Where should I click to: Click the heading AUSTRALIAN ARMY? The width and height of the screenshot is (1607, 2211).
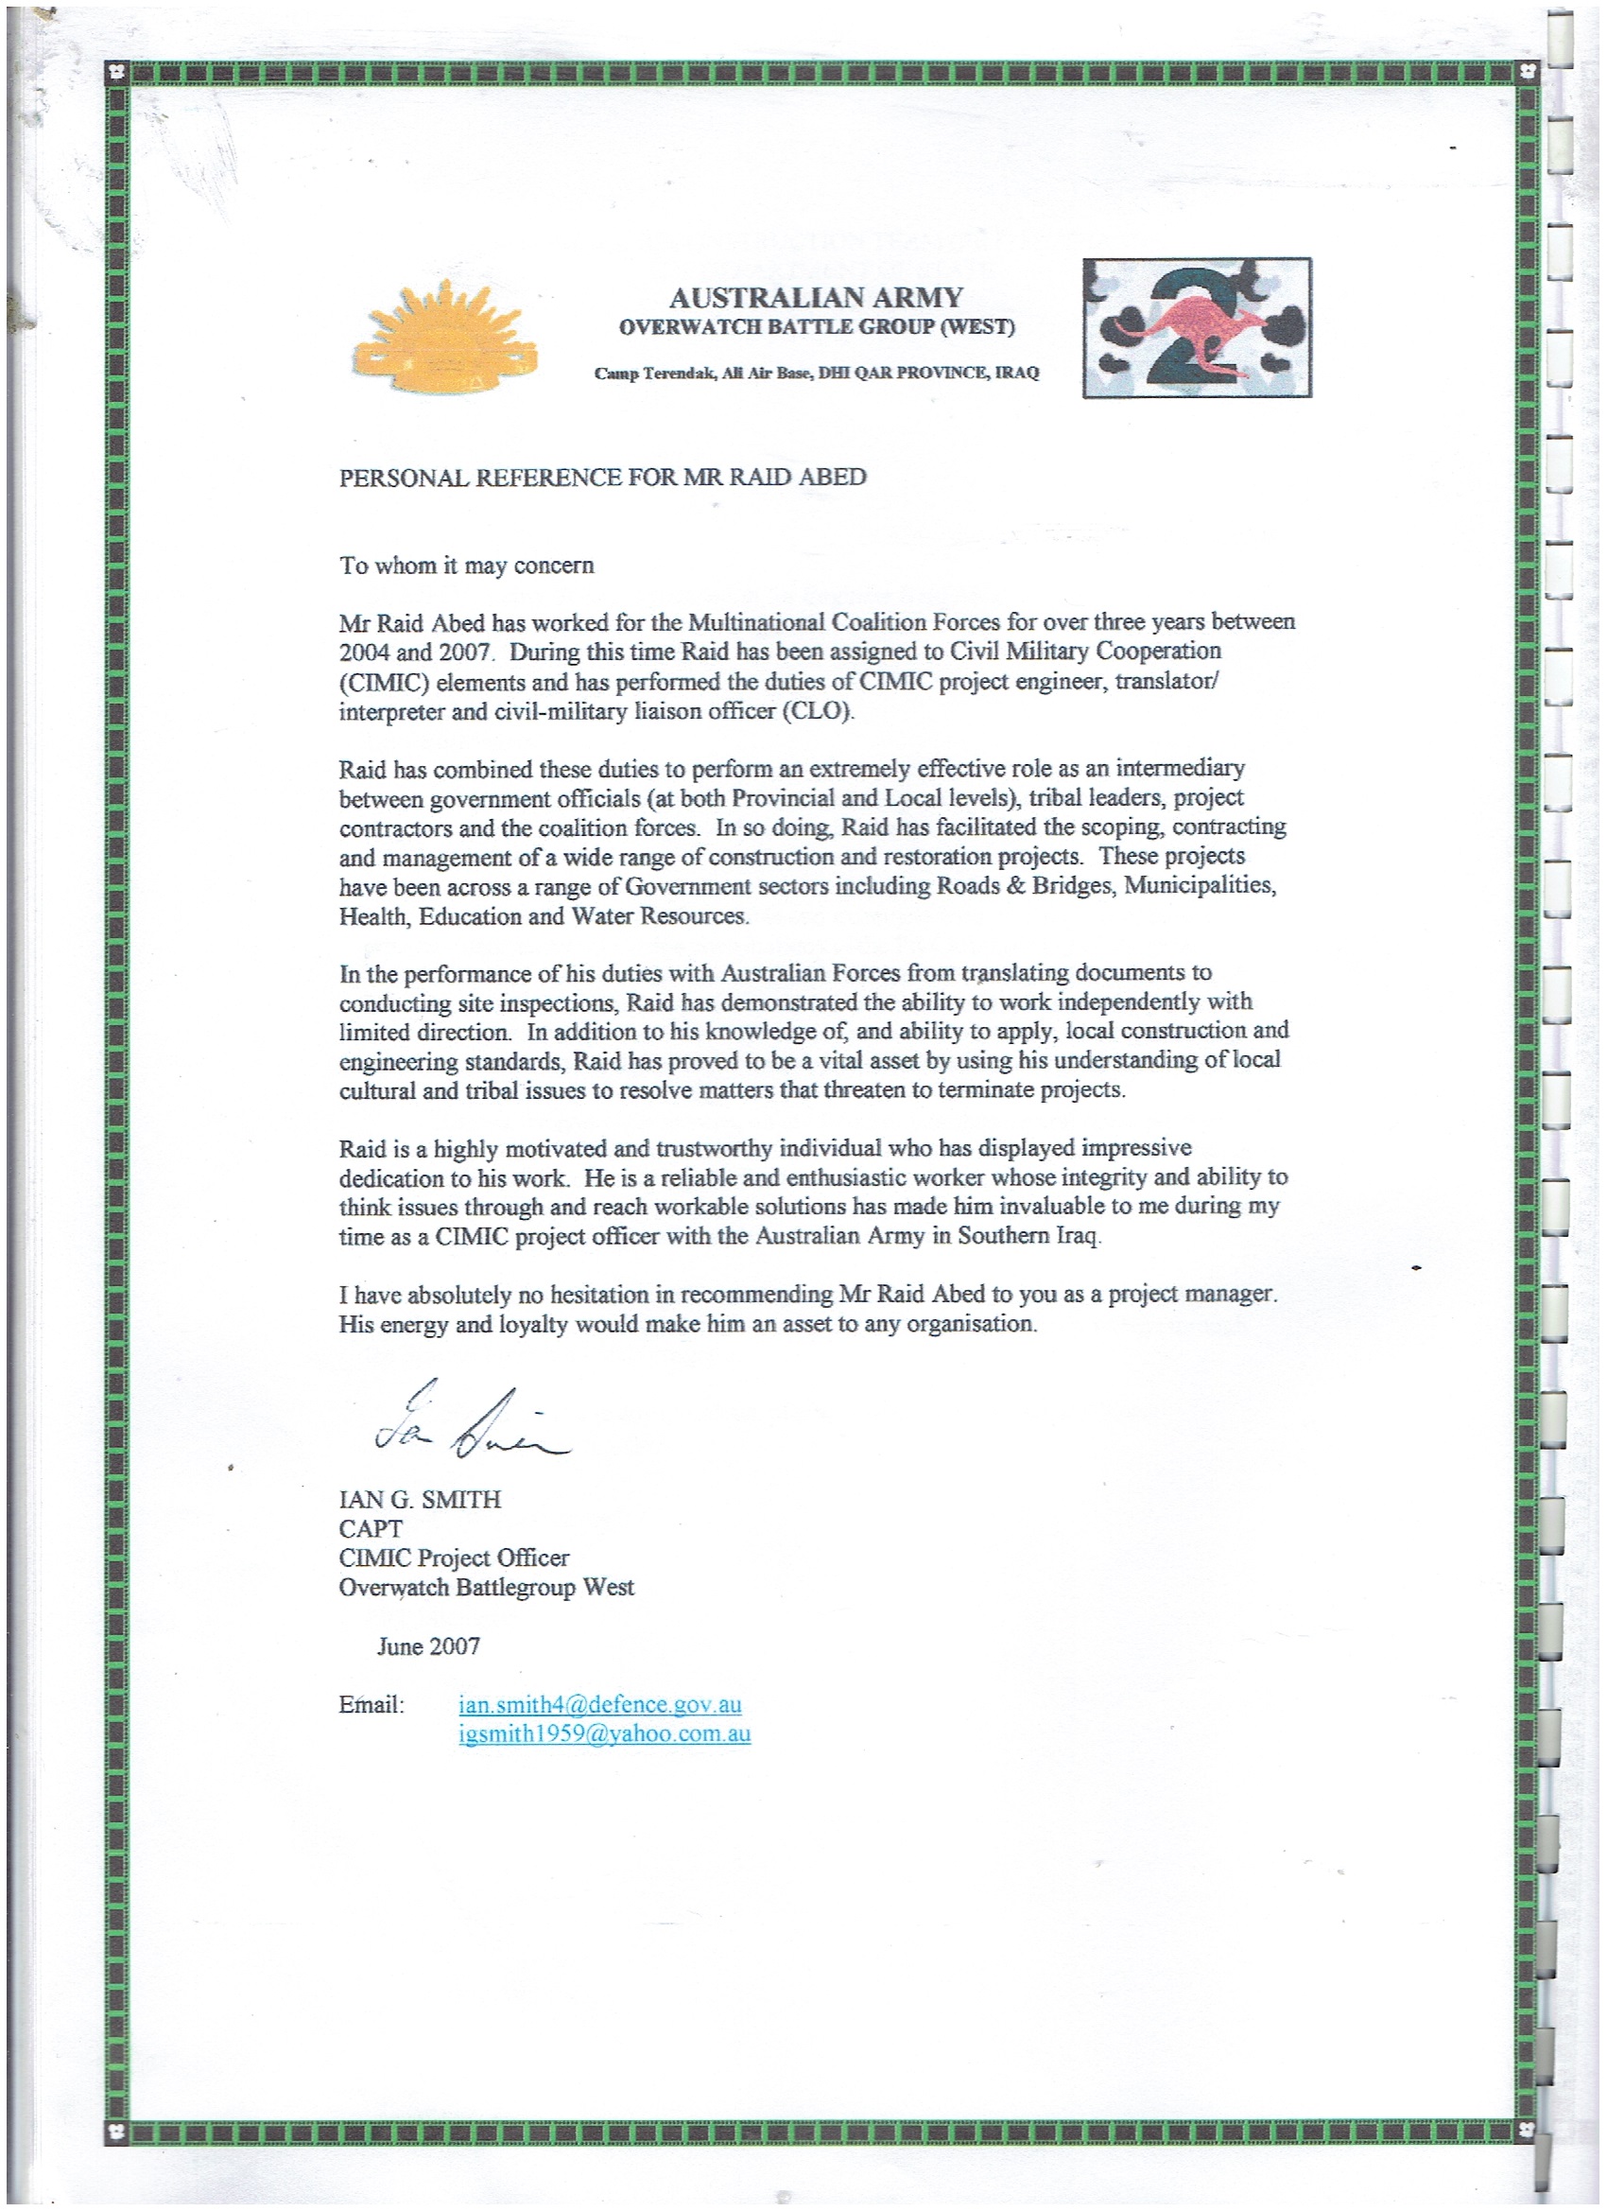click(816, 297)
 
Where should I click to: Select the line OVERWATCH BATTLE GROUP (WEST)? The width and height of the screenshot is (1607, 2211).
click(816, 327)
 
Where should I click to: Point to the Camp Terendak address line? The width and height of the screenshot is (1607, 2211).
click(816, 373)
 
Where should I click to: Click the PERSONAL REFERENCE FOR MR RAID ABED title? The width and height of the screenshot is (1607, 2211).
click(602, 478)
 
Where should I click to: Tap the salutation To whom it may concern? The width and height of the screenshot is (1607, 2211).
click(466, 566)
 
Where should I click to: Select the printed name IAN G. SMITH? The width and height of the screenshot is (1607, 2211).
click(419, 1499)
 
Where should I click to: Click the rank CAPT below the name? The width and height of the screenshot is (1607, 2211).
click(371, 1528)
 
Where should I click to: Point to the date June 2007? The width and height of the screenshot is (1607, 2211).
click(429, 1646)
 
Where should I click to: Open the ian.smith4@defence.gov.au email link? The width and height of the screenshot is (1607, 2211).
click(599, 1705)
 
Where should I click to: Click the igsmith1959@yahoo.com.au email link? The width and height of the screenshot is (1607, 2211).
click(604, 1734)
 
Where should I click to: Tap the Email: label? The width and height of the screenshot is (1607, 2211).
click(371, 1705)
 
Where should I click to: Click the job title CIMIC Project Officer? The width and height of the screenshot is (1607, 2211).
click(453, 1558)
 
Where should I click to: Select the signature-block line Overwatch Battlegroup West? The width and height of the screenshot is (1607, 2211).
click(485, 1587)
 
